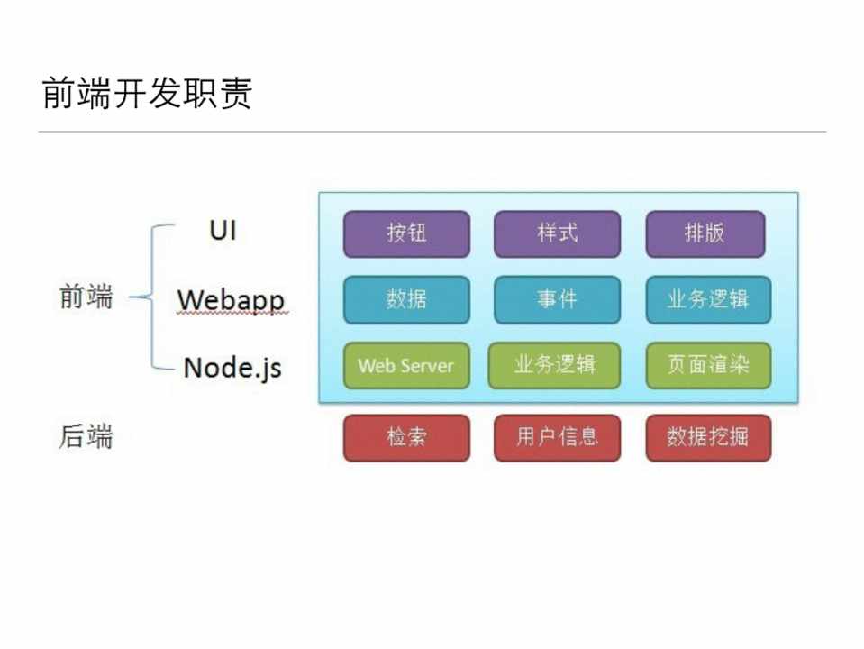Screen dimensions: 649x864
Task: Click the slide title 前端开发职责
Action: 147,94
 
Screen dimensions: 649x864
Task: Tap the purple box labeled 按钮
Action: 406,233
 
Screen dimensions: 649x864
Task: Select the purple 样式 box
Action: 557,233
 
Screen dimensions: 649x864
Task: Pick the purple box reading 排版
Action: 705,233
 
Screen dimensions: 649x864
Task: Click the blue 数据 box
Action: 406,299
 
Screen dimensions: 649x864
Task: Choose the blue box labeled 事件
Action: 557,299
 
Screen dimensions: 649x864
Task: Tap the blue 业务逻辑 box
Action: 708,299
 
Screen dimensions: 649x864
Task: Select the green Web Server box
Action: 406,366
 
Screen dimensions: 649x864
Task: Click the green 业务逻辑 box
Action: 554,366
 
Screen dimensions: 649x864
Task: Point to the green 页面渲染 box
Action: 708,366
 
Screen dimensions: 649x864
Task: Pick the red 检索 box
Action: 406,438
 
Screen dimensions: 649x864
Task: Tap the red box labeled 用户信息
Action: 557,438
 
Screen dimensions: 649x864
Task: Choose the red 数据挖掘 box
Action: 708,438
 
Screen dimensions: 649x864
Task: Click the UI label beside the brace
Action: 223,231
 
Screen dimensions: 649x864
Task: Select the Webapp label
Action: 231,299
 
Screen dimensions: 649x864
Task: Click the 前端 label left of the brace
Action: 86,297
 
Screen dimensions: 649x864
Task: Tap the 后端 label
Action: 86,437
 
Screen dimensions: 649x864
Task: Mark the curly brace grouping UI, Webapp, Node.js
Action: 151,297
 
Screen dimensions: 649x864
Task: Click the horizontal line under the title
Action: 432,133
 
